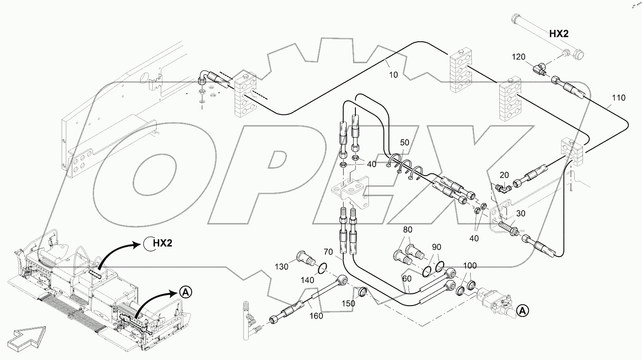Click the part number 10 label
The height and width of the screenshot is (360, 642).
click(393, 75)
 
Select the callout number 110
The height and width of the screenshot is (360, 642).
click(618, 98)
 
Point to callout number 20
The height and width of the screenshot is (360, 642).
click(504, 175)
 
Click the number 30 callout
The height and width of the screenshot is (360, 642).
click(521, 214)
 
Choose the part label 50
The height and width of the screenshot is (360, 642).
click(404, 143)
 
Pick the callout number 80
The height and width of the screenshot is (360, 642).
click(407, 230)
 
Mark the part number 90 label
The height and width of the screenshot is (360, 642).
click(436, 247)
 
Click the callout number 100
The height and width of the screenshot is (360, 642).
click(470, 266)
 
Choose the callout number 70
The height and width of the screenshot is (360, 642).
click(328, 252)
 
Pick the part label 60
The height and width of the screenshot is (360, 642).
click(406, 279)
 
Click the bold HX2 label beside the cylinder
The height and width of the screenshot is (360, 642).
click(559, 34)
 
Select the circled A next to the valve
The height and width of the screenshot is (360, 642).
click(522, 311)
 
